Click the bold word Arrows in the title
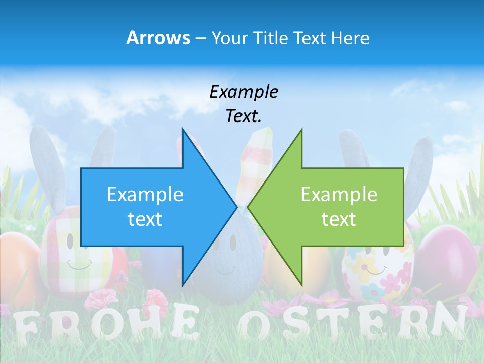[x=158, y=38]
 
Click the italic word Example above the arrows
[x=244, y=92]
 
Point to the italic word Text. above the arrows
[x=244, y=116]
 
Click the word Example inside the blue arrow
[x=145, y=194]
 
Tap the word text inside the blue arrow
[x=145, y=219]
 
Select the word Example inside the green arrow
[x=339, y=194]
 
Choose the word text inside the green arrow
[x=339, y=219]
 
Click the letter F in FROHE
[x=25, y=328]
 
